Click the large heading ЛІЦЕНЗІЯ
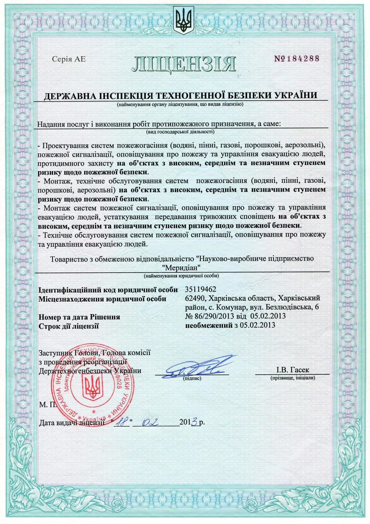coord(184,64)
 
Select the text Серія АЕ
coord(69,59)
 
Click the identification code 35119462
coord(201,289)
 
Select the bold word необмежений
coord(209,325)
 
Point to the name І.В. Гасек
coord(292,370)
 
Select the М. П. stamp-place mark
coord(47,405)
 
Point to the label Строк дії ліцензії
coord(69,326)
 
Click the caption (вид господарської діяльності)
coord(180,132)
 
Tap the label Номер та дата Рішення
coord(79,317)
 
